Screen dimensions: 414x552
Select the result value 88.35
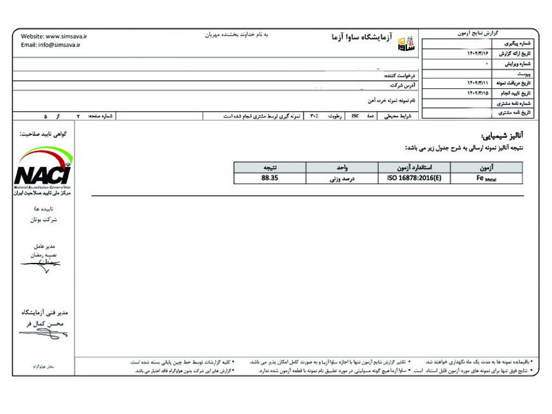(x=270, y=177)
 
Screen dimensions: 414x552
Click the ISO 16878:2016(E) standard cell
(x=414, y=177)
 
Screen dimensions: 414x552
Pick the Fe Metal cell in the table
(x=486, y=177)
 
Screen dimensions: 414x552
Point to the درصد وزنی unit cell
(x=342, y=177)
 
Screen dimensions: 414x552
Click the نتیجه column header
(x=270, y=167)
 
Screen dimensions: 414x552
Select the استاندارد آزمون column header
(x=414, y=167)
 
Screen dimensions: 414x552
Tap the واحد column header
(x=342, y=167)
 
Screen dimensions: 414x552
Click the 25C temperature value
(x=355, y=117)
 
